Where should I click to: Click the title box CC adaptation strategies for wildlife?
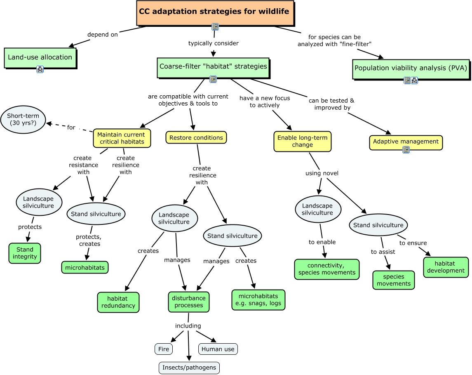coord(215,13)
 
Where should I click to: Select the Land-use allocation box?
coord(40,57)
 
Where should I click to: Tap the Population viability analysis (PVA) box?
coord(411,69)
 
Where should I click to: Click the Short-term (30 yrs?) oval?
coord(23,119)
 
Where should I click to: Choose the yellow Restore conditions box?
coord(196,137)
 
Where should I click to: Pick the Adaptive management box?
coord(406,142)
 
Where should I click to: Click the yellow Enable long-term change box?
coord(302,141)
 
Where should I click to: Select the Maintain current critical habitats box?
coord(122,138)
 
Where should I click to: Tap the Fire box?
coord(164,349)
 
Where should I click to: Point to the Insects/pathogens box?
coord(189,368)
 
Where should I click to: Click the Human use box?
coord(218,349)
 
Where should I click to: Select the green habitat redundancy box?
coord(118,302)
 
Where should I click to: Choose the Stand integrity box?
coord(25,253)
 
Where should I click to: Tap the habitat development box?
coord(446,267)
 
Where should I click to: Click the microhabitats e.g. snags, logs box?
coord(258,300)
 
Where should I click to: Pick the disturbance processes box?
coord(189,302)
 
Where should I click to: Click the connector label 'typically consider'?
coord(214,43)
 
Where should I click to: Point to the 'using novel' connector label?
coord(322,173)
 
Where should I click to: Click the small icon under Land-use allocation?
coord(40,69)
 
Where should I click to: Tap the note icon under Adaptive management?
coord(406,150)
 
